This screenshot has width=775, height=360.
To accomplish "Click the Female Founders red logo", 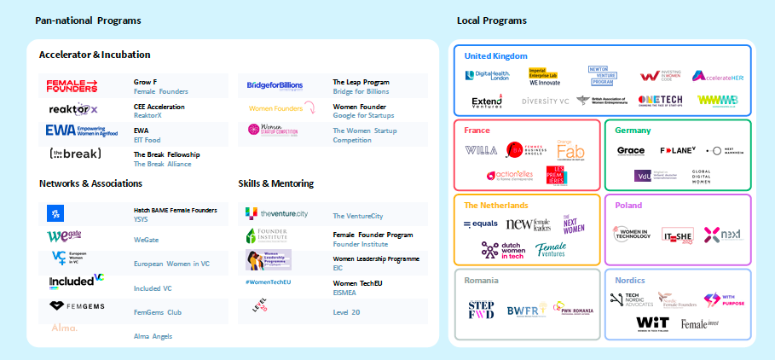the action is pos(72,85).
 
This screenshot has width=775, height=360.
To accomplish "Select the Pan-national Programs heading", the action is pos(88,20).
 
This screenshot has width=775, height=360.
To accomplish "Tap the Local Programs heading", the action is pos(491,20).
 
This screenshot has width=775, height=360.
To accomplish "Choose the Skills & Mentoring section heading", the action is pos(277,183).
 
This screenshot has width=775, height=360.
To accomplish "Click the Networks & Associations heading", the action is pos(90,183).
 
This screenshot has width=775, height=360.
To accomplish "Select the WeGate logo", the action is pos(65,236).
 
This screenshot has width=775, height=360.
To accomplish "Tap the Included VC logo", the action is pos(76,281).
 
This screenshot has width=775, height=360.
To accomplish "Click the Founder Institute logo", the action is pos(267,235).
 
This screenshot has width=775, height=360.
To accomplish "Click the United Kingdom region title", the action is pos(495,56).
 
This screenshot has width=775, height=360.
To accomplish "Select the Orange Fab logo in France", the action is pos(570,150).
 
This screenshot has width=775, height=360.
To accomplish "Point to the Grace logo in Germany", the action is pos(630,151).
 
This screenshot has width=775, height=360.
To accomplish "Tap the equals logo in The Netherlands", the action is pos(481,224).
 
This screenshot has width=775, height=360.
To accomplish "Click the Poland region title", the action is pos(628,206).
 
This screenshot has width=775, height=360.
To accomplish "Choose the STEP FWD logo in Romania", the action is pos(481,310).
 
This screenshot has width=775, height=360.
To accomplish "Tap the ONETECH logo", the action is pos(659,101).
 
